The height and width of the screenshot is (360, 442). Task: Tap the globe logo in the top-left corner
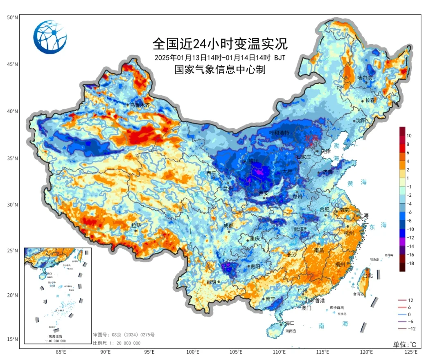(x=50, y=37)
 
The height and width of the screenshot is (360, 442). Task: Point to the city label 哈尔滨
(x=365, y=77)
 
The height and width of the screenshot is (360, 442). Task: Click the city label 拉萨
(x=136, y=225)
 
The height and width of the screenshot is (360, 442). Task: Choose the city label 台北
(x=368, y=276)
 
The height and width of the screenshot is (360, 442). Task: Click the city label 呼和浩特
(x=279, y=133)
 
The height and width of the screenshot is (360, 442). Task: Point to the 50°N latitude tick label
(x=12, y=18)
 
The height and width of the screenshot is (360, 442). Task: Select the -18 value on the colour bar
(x=409, y=263)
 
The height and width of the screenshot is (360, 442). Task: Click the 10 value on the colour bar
(x=409, y=135)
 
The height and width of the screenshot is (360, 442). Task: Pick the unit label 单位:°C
(x=405, y=344)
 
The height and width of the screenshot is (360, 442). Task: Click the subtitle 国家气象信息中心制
(x=220, y=70)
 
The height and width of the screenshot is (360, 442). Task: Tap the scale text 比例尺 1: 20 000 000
(x=117, y=343)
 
